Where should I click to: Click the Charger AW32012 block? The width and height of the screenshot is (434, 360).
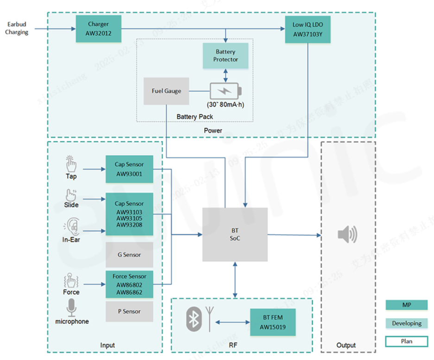(98, 29)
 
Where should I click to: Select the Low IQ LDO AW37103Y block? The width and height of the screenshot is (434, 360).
(308, 29)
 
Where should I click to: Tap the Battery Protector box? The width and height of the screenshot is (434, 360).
(226, 56)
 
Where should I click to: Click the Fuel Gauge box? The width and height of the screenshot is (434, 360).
(166, 91)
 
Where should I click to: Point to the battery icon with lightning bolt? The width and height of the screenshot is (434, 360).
(226, 90)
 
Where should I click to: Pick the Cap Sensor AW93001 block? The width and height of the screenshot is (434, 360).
(129, 169)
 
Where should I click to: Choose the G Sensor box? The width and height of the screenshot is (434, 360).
(129, 254)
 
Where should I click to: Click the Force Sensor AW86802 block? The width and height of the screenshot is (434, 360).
(129, 284)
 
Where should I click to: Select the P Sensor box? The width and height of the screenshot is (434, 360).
(129, 311)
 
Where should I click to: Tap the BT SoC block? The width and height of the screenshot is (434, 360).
(235, 234)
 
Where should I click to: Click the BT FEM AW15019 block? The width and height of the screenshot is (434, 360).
(272, 322)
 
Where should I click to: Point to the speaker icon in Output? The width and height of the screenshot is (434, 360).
(347, 234)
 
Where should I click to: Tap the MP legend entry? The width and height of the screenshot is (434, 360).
(407, 305)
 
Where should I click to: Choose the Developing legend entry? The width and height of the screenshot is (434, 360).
(407, 323)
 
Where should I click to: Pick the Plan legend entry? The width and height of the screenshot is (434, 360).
(407, 341)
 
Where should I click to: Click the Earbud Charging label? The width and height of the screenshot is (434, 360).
(17, 28)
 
